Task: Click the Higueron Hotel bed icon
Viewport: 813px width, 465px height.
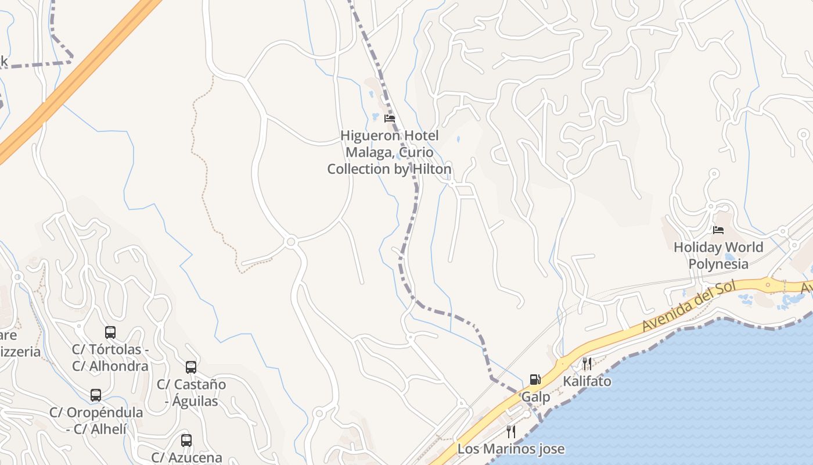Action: tap(390, 119)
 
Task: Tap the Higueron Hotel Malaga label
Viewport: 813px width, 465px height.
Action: tap(389, 152)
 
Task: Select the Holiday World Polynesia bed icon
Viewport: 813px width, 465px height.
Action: tap(718, 230)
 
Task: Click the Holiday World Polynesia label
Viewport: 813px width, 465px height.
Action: tap(718, 256)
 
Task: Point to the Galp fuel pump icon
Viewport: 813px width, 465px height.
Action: tap(535, 380)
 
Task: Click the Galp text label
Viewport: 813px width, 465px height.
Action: tap(535, 397)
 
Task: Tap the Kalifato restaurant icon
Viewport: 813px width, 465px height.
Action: tap(587, 364)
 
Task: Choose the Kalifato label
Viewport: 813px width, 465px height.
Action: tap(587, 381)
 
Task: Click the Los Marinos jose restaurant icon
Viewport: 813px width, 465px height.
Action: tap(511, 432)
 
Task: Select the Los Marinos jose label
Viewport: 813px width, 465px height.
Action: tap(511, 449)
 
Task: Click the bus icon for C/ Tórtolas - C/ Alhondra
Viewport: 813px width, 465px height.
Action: tap(110, 332)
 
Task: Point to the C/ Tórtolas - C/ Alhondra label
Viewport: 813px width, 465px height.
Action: tap(110, 358)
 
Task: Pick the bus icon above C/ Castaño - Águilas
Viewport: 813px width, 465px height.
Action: tap(191, 367)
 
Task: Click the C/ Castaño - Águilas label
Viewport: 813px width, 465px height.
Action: tap(191, 393)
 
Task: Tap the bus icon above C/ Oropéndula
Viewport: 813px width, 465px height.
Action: tap(96, 396)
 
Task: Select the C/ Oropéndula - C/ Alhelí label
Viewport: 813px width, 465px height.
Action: tap(96, 421)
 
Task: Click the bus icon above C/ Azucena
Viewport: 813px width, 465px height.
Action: tap(186, 441)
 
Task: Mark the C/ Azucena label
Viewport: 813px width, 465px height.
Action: tap(186, 457)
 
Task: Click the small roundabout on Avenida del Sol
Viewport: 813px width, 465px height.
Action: tap(768, 285)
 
